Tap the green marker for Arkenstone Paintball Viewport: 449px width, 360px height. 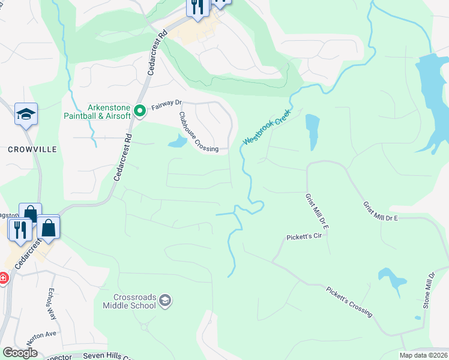tap(140, 110)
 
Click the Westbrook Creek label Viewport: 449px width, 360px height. tap(267, 127)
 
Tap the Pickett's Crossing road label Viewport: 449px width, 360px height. tap(349, 301)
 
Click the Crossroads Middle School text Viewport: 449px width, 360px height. tap(135, 301)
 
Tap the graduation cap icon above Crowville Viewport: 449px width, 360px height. tap(26, 114)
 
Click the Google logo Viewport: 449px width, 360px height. tap(20, 353)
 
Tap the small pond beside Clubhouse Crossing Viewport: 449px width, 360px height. tap(177, 142)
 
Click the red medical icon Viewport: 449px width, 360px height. tap(2, 278)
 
